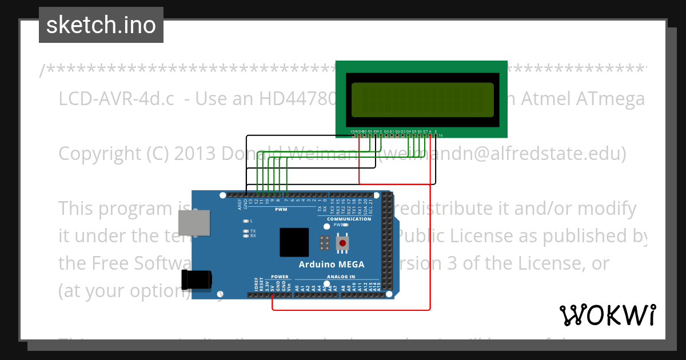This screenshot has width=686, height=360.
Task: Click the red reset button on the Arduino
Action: click(x=342, y=243)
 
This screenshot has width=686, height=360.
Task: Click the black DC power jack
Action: click(x=196, y=280)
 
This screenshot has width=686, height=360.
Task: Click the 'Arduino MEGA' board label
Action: click(x=332, y=264)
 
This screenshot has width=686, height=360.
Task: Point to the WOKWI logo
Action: click(x=607, y=315)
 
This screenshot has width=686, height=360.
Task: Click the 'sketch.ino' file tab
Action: click(x=101, y=25)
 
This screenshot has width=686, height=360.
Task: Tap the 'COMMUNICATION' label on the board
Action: click(x=349, y=219)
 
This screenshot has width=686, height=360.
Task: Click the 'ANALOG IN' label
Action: click(x=341, y=277)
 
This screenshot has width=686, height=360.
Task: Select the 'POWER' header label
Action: click(x=280, y=277)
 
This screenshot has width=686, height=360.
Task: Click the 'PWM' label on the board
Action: click(x=281, y=209)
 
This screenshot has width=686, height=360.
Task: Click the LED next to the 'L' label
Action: click(x=245, y=221)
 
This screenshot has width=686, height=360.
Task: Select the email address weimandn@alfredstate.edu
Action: click(x=504, y=154)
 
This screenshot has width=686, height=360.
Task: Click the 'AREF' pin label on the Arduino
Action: click(x=241, y=204)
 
